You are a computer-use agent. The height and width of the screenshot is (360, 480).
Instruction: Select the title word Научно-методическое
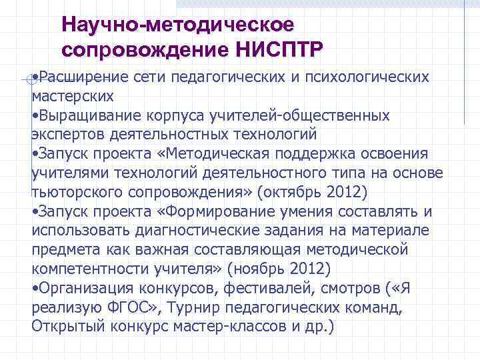click(177, 25)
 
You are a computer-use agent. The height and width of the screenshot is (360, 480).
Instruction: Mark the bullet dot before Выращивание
click(34, 115)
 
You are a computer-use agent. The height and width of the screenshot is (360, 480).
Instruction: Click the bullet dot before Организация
click(34, 289)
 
